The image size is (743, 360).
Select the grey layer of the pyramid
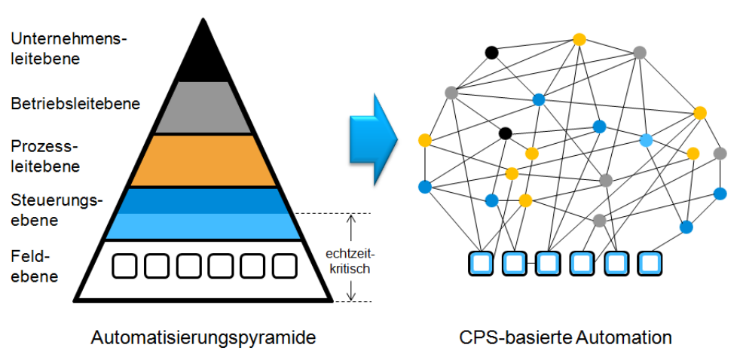coord(203,108)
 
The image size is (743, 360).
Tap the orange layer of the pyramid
coord(203,160)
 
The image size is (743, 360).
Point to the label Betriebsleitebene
coord(75,103)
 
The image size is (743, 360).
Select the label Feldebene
coord(34,266)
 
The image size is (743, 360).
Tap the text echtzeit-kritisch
coord(348,261)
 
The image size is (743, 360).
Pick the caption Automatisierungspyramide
coord(203,337)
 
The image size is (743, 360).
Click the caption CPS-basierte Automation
coord(565,337)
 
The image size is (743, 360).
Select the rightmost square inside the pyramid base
coord(285,265)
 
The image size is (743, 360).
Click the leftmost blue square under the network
coord(480,263)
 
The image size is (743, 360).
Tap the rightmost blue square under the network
coord(649,263)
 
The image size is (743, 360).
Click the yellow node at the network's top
coord(579,39)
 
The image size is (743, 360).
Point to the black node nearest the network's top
coord(491,53)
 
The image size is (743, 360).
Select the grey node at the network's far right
coord(720,154)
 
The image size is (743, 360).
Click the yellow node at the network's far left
coord(425,140)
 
